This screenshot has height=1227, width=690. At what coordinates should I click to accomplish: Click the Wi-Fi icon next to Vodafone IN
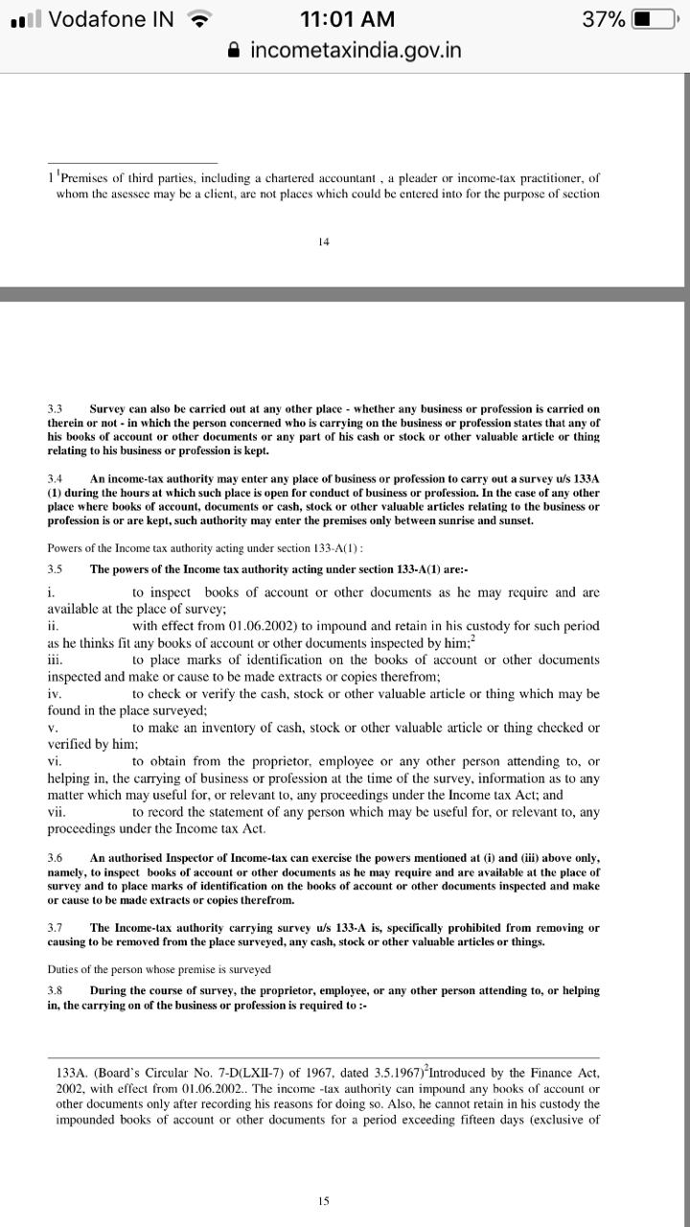199,19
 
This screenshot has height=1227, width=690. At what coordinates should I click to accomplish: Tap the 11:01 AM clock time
346,19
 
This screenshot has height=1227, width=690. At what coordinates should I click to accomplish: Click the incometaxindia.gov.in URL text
356,50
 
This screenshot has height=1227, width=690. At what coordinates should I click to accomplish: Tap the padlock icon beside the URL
234,50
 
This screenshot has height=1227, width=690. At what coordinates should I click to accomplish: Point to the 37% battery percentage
603,19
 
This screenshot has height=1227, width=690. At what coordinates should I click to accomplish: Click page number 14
324,242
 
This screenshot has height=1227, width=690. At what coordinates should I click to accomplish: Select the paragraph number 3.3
55,408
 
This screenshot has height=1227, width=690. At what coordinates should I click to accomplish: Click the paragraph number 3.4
55,478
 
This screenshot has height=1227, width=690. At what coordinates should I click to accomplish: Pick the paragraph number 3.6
55,858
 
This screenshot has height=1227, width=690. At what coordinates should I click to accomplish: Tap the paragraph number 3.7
55,928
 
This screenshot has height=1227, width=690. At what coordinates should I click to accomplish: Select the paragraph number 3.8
55,990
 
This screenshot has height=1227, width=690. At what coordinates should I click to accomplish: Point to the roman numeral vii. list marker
56,812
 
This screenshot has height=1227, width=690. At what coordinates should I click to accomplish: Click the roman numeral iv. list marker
55,694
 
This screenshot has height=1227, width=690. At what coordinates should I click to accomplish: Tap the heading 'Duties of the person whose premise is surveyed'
159,969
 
